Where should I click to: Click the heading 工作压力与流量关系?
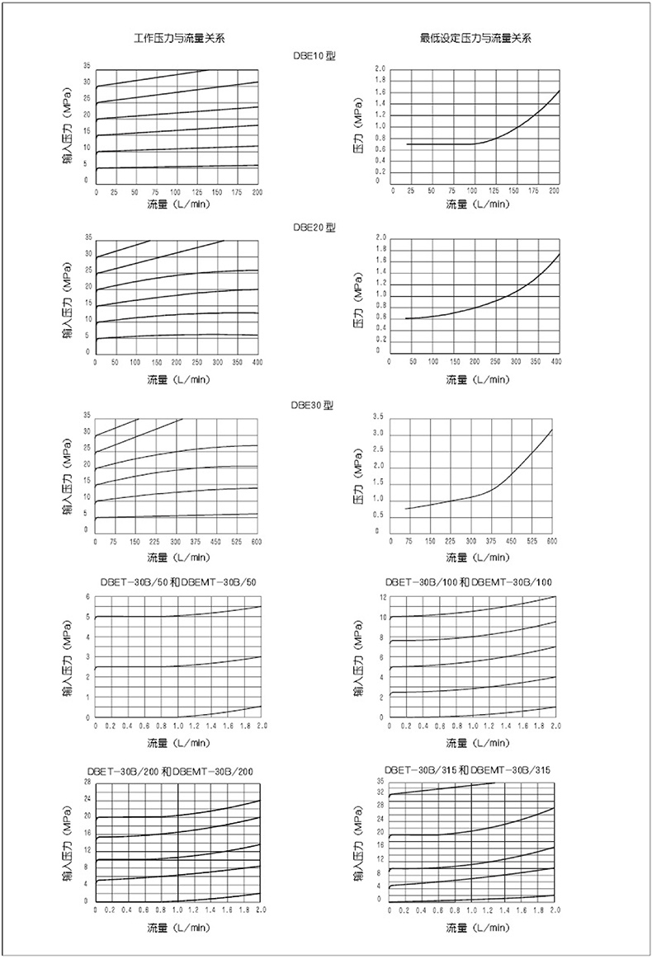coord(180,39)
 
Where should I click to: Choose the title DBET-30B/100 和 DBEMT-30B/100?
coord(475,582)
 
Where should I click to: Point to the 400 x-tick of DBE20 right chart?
coord(555,362)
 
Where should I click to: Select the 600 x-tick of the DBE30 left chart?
coord(256,542)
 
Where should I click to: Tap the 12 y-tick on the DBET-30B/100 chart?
coord(382,596)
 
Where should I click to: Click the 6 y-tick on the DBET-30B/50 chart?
coord(86,596)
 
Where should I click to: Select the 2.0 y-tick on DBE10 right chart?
coord(380,69)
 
